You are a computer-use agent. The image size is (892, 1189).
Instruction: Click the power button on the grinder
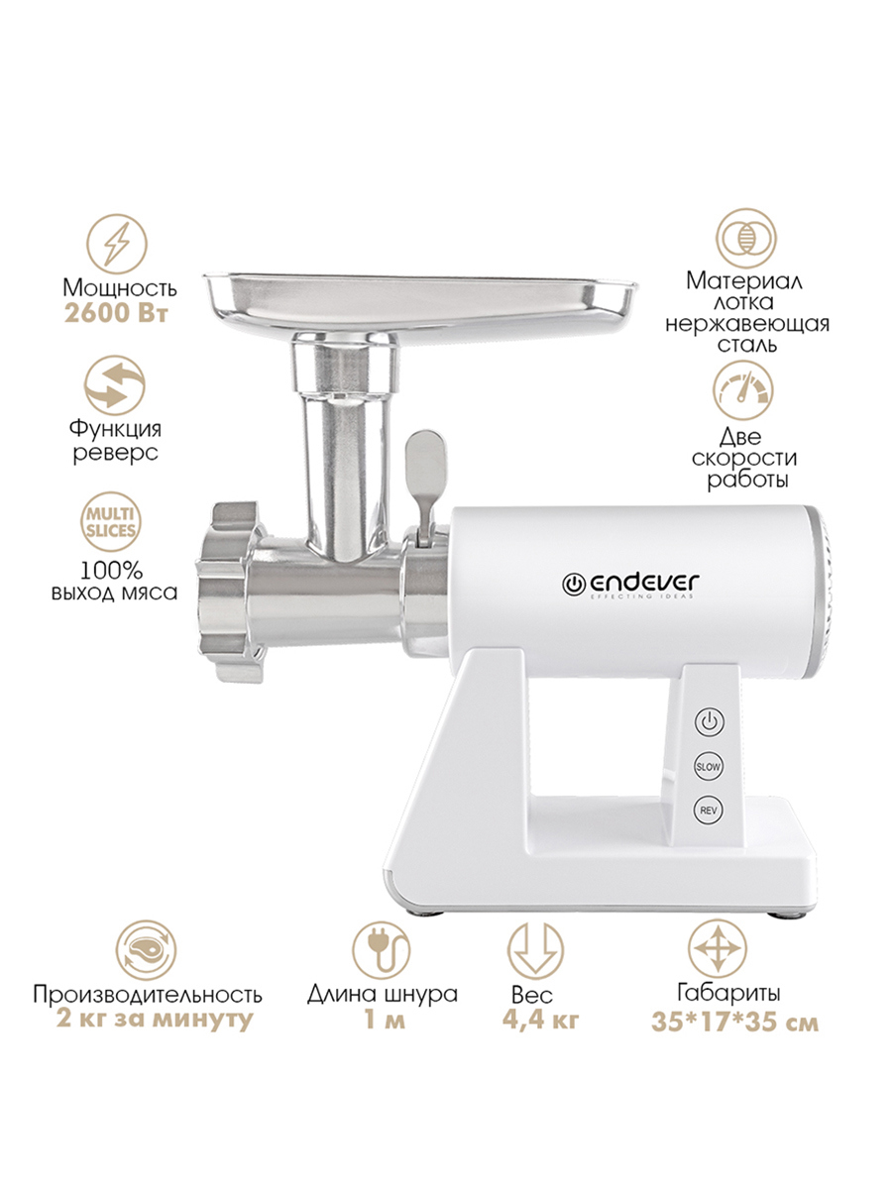709,722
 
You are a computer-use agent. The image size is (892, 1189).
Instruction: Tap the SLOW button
709,767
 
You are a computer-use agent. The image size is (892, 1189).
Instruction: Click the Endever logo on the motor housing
630,585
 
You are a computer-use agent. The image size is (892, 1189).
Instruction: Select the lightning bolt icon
117,245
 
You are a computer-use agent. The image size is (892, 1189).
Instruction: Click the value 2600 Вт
116,314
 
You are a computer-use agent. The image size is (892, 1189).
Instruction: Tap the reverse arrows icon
115,385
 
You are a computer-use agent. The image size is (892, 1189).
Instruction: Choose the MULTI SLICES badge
111,522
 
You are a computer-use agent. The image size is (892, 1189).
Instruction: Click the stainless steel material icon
745,239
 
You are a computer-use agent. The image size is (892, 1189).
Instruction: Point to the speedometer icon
743,390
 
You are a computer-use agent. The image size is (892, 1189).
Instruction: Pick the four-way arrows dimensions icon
718,949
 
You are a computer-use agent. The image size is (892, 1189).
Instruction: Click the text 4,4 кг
540,1020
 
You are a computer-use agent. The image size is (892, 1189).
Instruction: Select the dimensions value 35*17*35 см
735,1023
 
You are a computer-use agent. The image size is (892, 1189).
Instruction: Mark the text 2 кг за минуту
155,1020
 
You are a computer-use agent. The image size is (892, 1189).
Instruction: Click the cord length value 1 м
385,1021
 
